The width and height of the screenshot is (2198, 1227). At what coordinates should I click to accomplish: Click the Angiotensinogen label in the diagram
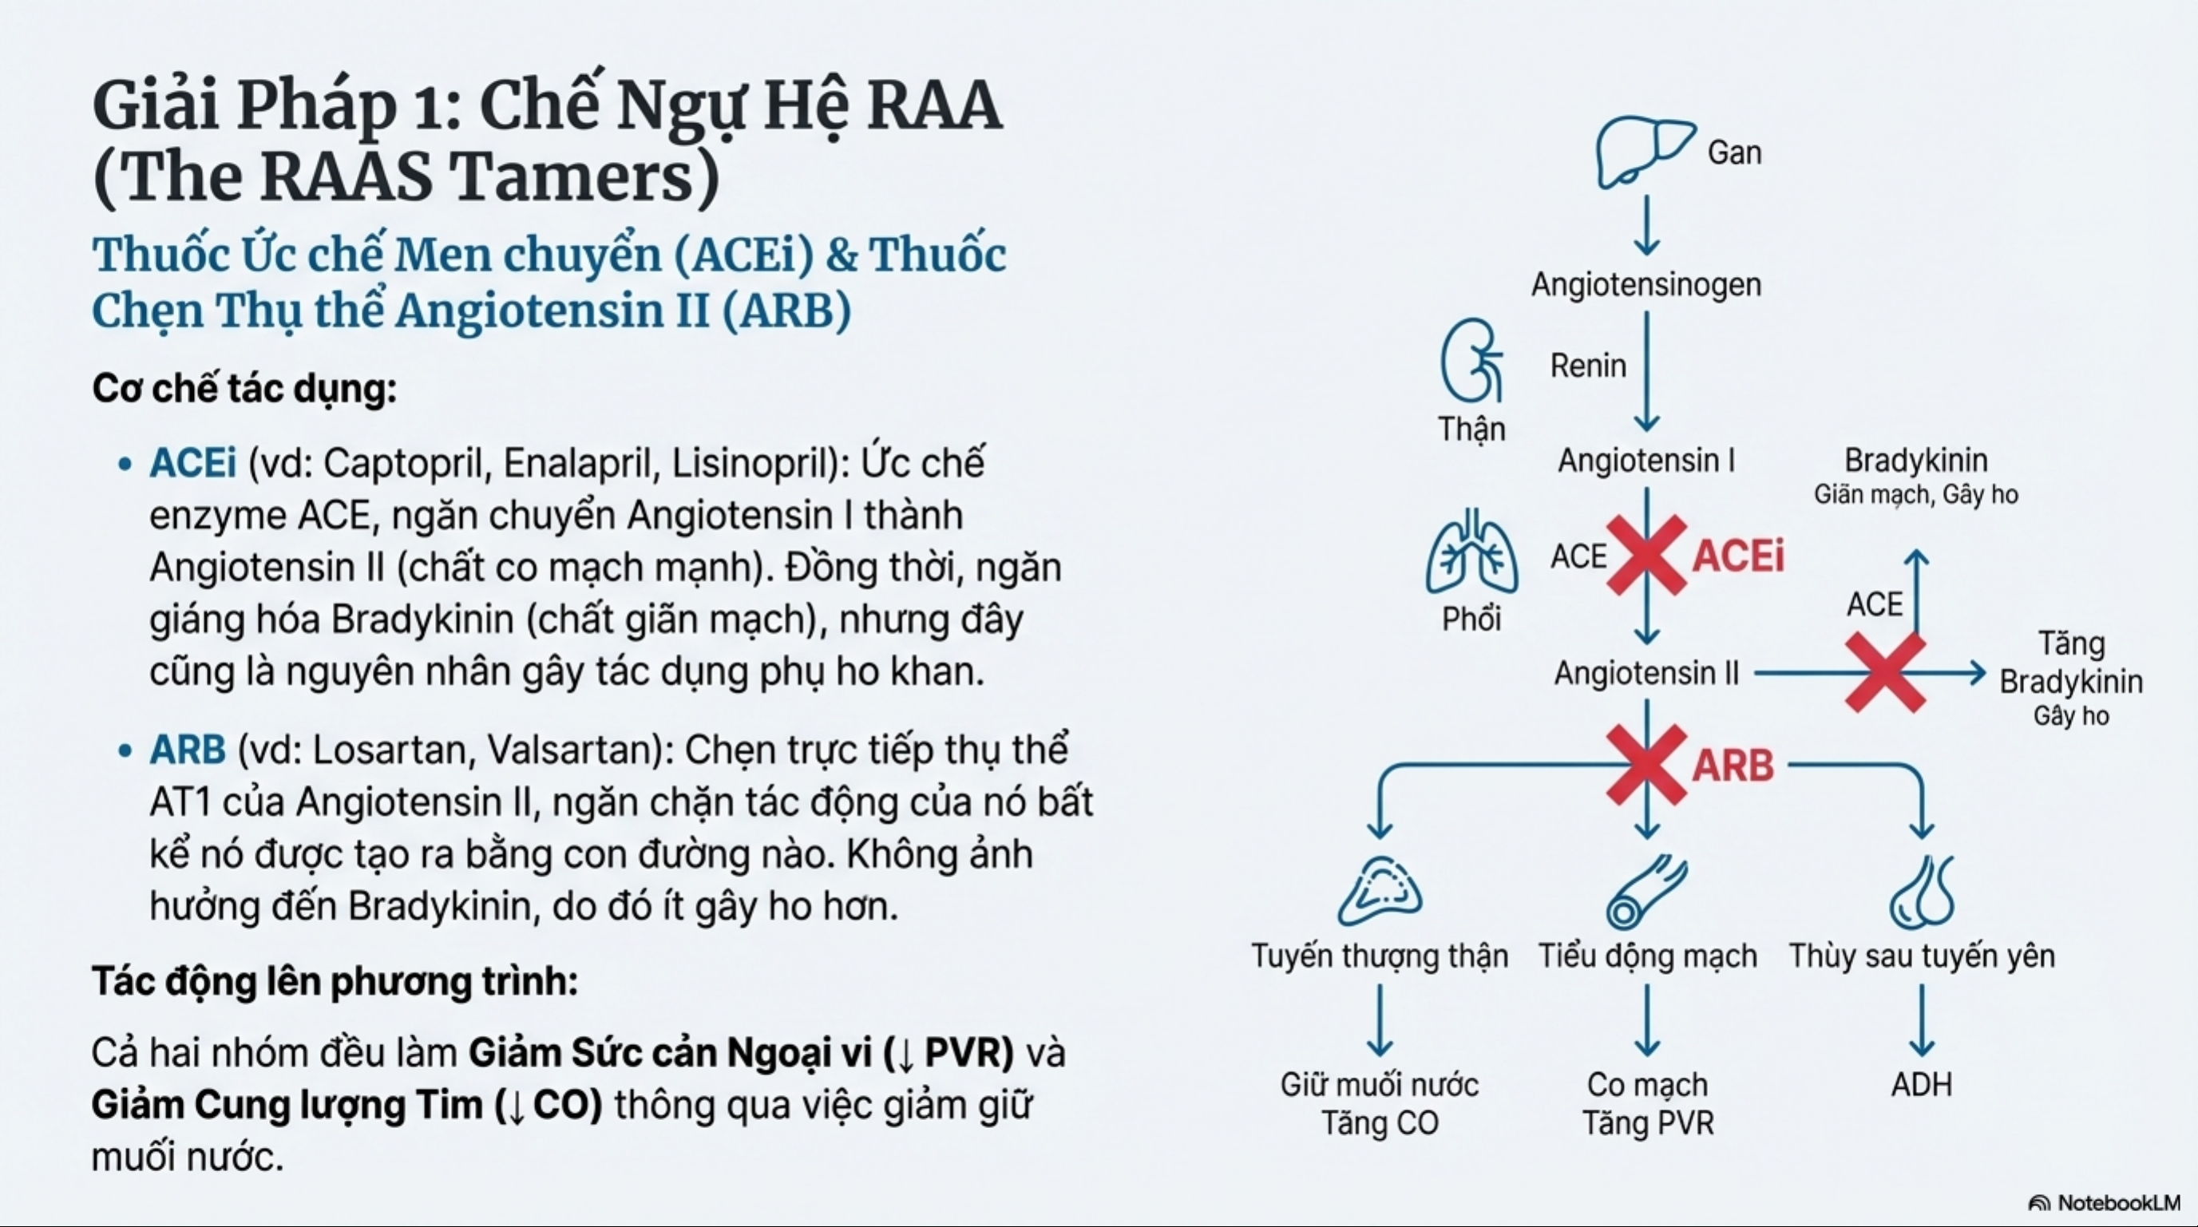pyautogui.click(x=1646, y=284)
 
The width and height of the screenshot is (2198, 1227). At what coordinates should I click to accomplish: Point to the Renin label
pyautogui.click(x=1588, y=365)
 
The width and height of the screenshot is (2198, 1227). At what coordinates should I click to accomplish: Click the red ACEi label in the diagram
pyautogui.click(x=1738, y=556)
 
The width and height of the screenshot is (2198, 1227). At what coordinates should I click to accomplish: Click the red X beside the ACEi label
pyautogui.click(x=1646, y=555)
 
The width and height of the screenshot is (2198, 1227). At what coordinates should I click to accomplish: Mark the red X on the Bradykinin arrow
pyautogui.click(x=1886, y=672)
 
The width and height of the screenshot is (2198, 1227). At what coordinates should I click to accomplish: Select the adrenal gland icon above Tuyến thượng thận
pyautogui.click(x=1380, y=892)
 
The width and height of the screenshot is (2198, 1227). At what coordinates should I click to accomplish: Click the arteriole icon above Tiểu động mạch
pyautogui.click(x=1646, y=893)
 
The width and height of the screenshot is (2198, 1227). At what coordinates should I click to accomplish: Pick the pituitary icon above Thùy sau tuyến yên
pyautogui.click(x=1921, y=893)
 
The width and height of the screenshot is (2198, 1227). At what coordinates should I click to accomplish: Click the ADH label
pyautogui.click(x=1922, y=1085)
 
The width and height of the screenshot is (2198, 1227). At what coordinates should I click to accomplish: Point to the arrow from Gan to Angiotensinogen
pyautogui.click(x=1647, y=225)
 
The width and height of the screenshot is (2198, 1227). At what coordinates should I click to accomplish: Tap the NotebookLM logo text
pyautogui.click(x=2119, y=1202)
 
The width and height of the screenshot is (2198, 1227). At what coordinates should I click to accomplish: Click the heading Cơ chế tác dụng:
pyautogui.click(x=245, y=389)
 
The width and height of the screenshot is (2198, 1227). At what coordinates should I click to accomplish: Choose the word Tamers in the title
pyautogui.click(x=573, y=177)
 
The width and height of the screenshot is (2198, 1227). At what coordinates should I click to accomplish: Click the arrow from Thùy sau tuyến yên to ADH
pyautogui.click(x=1922, y=1021)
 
